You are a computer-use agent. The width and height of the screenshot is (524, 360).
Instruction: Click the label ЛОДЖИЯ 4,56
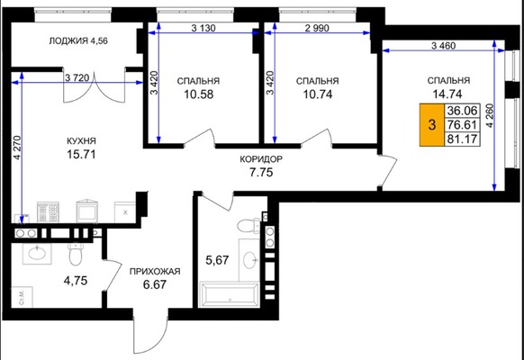[78, 41]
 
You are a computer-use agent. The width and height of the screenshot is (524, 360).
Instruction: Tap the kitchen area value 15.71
[81, 154]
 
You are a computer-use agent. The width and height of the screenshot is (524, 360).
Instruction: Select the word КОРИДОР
[261, 159]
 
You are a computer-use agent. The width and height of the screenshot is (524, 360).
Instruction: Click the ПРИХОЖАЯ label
[155, 272]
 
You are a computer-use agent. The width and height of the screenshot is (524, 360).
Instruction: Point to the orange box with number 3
[432, 125]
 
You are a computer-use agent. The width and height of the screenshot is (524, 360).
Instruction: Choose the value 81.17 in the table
[462, 139]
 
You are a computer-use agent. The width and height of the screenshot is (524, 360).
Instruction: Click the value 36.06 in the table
[462, 111]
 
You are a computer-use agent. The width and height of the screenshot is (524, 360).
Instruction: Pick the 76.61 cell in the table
[462, 124]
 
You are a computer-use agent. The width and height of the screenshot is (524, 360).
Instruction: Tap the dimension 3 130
[203, 28]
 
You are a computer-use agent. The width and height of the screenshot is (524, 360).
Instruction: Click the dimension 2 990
[317, 28]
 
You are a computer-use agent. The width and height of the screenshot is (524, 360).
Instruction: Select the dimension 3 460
[443, 45]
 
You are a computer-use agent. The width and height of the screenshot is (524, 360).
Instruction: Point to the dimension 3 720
[77, 78]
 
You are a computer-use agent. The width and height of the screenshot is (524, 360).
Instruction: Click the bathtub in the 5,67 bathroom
[230, 294]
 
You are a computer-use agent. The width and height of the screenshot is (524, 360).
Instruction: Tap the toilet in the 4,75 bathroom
[76, 254]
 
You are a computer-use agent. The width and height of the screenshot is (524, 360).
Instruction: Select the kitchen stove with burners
[48, 212]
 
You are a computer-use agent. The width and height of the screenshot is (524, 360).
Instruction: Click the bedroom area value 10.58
[198, 94]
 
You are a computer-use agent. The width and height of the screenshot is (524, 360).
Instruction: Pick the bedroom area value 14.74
[447, 94]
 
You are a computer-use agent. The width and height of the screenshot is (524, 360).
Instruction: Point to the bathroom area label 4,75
[76, 281]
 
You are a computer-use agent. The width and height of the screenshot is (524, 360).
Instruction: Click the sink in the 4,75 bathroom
[37, 254]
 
